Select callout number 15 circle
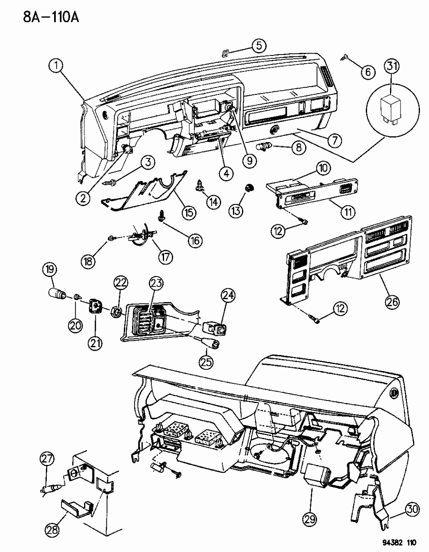(x=189, y=212)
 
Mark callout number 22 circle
(x=121, y=283)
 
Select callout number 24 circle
(x=229, y=296)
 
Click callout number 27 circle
(x=48, y=458)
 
